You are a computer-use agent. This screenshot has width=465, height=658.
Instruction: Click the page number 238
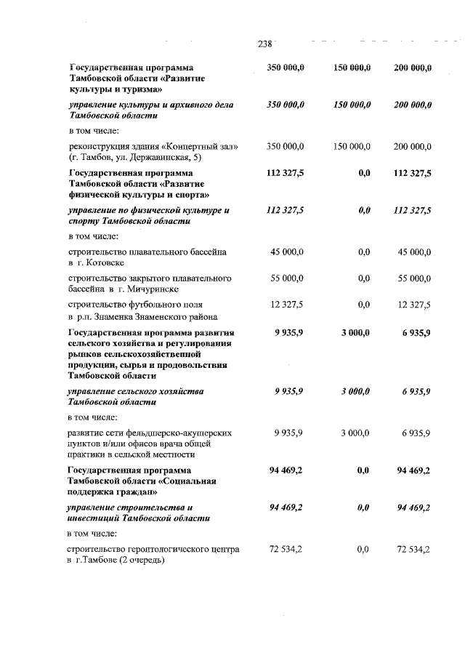pyautogui.click(x=264, y=44)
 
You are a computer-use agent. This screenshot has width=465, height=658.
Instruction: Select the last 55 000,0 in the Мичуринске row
pyautogui.click(x=415, y=278)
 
